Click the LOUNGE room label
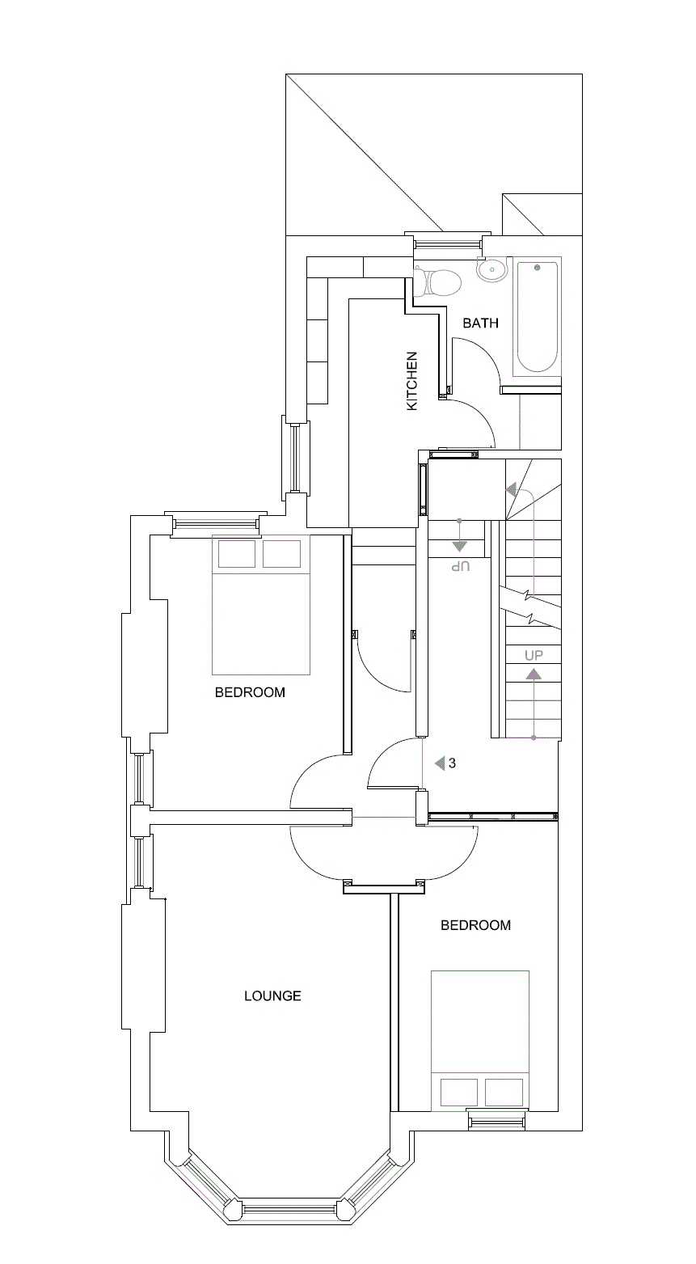point(272,996)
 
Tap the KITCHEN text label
point(412,380)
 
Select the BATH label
point(480,323)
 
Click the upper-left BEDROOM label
point(250,692)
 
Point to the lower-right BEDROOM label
point(475,925)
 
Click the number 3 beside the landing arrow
point(453,763)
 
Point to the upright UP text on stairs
point(534,654)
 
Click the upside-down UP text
point(459,565)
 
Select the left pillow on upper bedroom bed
point(237,554)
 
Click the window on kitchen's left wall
point(295,458)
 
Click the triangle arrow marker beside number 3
point(440,763)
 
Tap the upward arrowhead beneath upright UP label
point(534,674)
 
